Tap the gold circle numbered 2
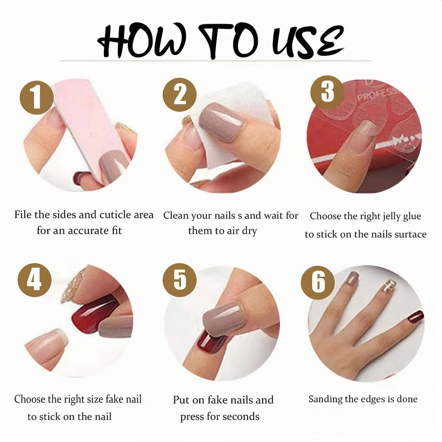[180, 95]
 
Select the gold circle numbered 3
[327, 92]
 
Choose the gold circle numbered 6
[318, 282]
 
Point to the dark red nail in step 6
[416, 317]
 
